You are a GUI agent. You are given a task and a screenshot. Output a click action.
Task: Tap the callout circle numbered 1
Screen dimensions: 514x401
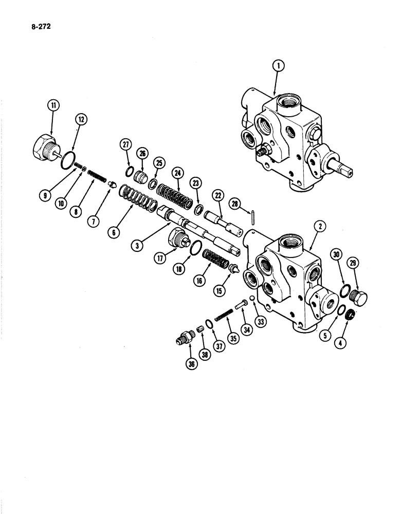277,65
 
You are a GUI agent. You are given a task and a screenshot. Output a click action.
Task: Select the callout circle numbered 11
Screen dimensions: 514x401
53,107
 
